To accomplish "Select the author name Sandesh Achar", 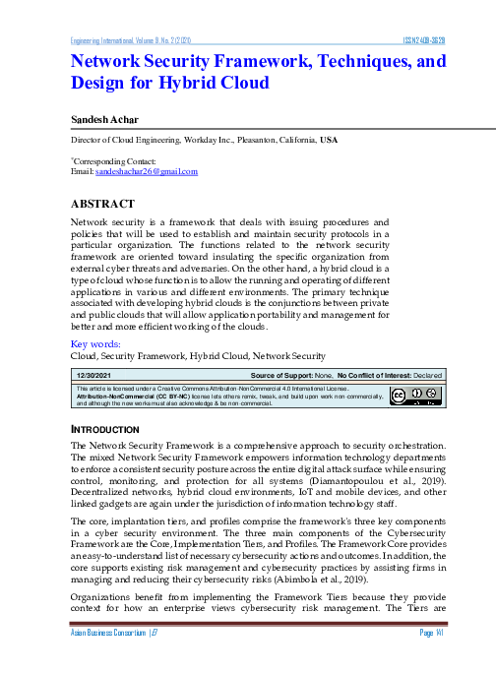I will pyautogui.click(x=105, y=119).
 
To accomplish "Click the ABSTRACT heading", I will pyautogui.click(x=102, y=203).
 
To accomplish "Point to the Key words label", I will pyautogui.click(x=95, y=343).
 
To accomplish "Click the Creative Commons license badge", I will pyautogui.click(x=414, y=396).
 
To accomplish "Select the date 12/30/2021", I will pyautogui.click(x=95, y=375).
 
